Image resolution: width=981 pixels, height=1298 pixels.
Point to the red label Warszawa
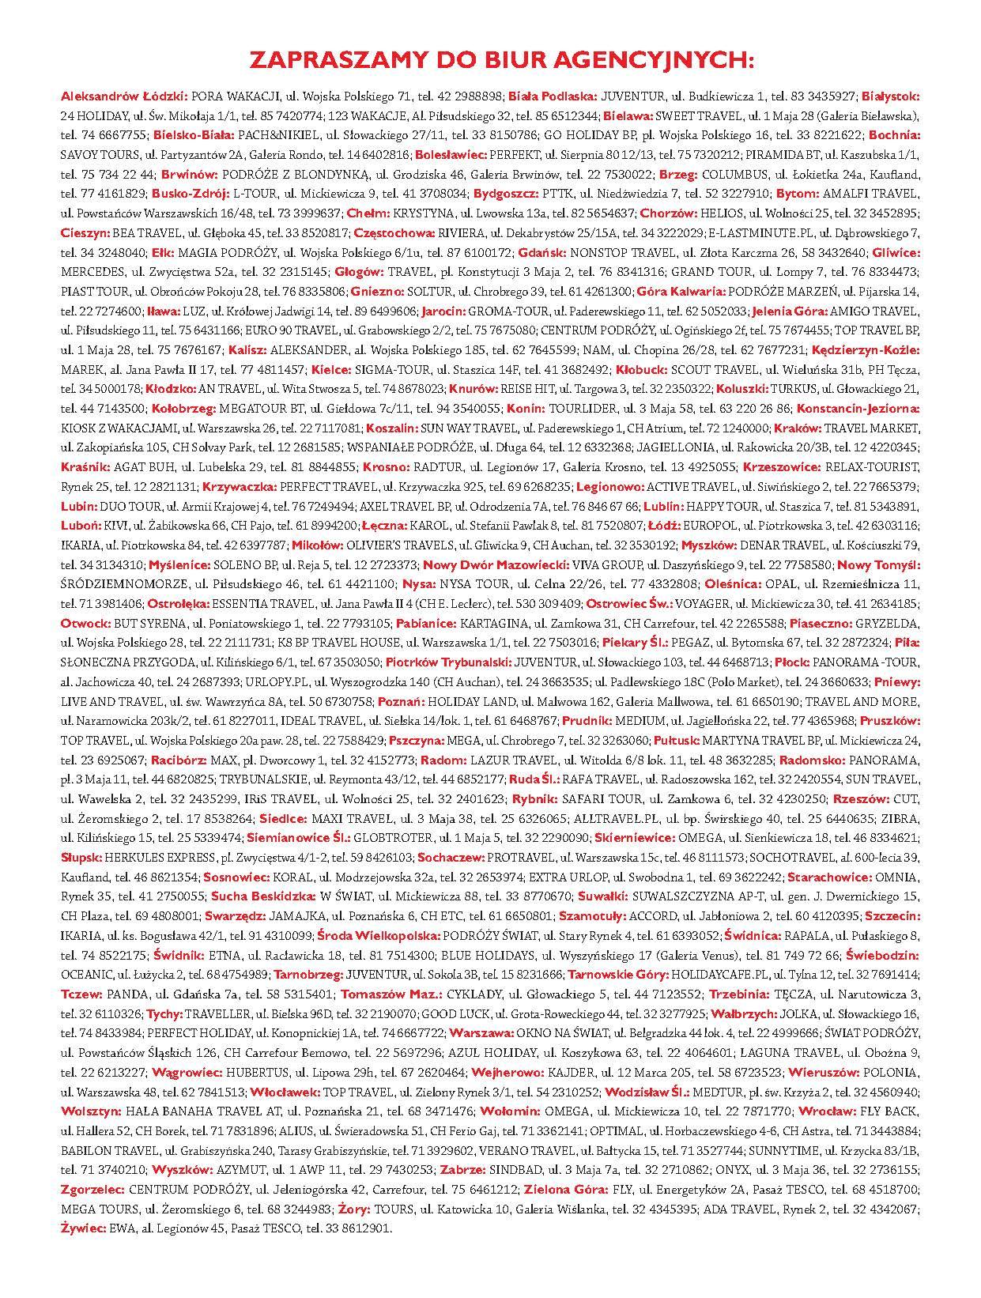point(481,1032)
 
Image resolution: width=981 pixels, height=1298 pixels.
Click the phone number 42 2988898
point(469,96)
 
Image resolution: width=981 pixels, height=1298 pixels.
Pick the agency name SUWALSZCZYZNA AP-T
point(695,896)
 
